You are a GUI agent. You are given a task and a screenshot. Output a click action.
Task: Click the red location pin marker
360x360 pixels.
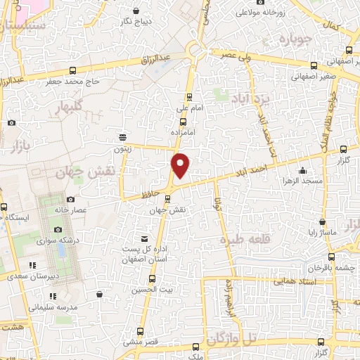(181, 166)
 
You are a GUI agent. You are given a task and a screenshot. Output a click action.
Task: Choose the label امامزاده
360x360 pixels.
(184, 131)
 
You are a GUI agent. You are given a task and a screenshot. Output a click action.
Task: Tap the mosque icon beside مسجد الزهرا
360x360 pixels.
(302, 169)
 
